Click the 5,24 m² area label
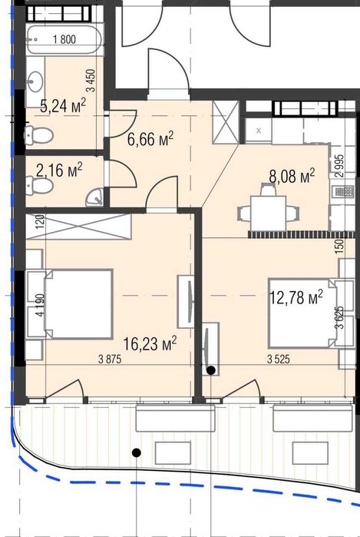[x=63, y=105]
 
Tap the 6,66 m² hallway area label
[x=150, y=138]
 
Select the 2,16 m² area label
[x=59, y=170]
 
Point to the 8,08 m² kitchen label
[x=292, y=176]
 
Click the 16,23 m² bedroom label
[x=150, y=343]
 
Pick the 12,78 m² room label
[x=296, y=297]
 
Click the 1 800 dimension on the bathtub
[x=64, y=39]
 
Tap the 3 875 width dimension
[x=110, y=360]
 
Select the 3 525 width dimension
[x=278, y=360]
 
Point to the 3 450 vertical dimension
[x=91, y=81]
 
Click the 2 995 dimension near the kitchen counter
[x=340, y=166]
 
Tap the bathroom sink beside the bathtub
[x=35, y=82]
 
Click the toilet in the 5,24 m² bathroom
[x=38, y=134]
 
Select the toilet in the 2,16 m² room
[x=39, y=185]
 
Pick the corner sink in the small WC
[x=95, y=197]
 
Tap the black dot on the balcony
[x=137, y=452]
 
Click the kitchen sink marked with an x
[x=259, y=130]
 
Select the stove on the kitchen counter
[x=343, y=191]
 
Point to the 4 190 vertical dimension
[x=40, y=306]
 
